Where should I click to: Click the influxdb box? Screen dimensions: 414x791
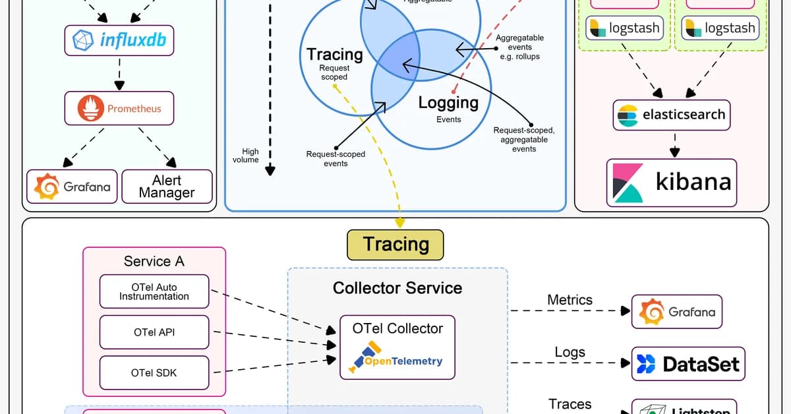click(119, 40)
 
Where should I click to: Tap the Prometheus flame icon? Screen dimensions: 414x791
click(91, 109)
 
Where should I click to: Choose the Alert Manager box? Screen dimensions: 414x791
click(167, 187)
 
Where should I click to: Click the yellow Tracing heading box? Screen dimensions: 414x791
click(395, 245)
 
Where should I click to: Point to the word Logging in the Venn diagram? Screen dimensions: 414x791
click(448, 103)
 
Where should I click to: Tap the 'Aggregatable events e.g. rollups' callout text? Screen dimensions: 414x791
click(520, 47)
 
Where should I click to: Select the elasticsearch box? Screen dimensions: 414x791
click(672, 115)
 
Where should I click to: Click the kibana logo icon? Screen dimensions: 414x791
click(628, 183)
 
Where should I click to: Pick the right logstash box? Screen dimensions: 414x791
click(720, 28)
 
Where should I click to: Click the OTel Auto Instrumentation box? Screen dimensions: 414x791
click(154, 292)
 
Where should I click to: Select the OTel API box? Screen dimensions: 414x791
click(154, 332)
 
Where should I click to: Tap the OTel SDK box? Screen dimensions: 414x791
click(154, 372)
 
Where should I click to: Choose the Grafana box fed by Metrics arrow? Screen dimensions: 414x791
click(677, 312)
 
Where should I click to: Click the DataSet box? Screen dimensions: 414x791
click(688, 364)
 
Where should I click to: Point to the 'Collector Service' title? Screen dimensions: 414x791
click(397, 288)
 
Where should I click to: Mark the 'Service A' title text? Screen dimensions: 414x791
click(154, 261)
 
